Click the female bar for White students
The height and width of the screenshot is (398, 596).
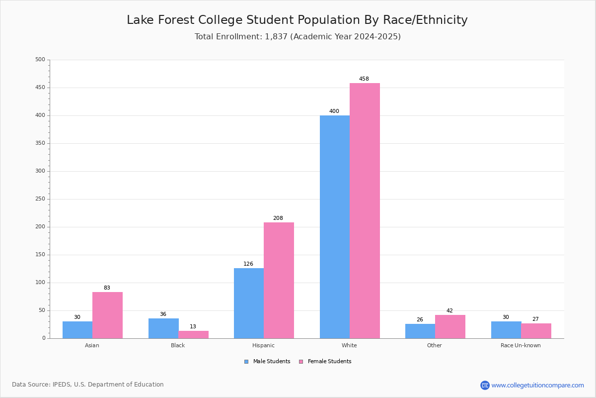click(365, 210)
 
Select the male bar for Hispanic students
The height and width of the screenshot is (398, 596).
click(249, 303)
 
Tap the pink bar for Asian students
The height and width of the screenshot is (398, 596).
click(107, 315)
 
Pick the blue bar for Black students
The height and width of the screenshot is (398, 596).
click(163, 328)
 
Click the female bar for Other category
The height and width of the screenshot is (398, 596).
click(450, 326)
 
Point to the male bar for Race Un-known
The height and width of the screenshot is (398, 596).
click(506, 330)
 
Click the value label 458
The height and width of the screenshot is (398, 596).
click(364, 79)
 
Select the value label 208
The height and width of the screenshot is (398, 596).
click(278, 218)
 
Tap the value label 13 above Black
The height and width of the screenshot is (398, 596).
click(193, 326)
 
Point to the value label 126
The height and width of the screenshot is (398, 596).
click(248, 264)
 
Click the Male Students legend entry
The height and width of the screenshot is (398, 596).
click(267, 361)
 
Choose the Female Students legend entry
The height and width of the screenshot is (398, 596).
click(325, 361)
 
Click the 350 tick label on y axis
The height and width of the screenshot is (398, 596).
click(40, 143)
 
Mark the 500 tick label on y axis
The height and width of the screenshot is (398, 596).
click(40, 59)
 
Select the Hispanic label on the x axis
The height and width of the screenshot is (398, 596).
click(263, 345)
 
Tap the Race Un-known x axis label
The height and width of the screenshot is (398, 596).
click(521, 345)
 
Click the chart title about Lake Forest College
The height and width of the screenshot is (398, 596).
click(297, 20)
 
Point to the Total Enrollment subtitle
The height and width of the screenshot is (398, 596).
click(298, 36)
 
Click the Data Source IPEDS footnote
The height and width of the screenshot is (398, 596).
click(88, 385)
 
